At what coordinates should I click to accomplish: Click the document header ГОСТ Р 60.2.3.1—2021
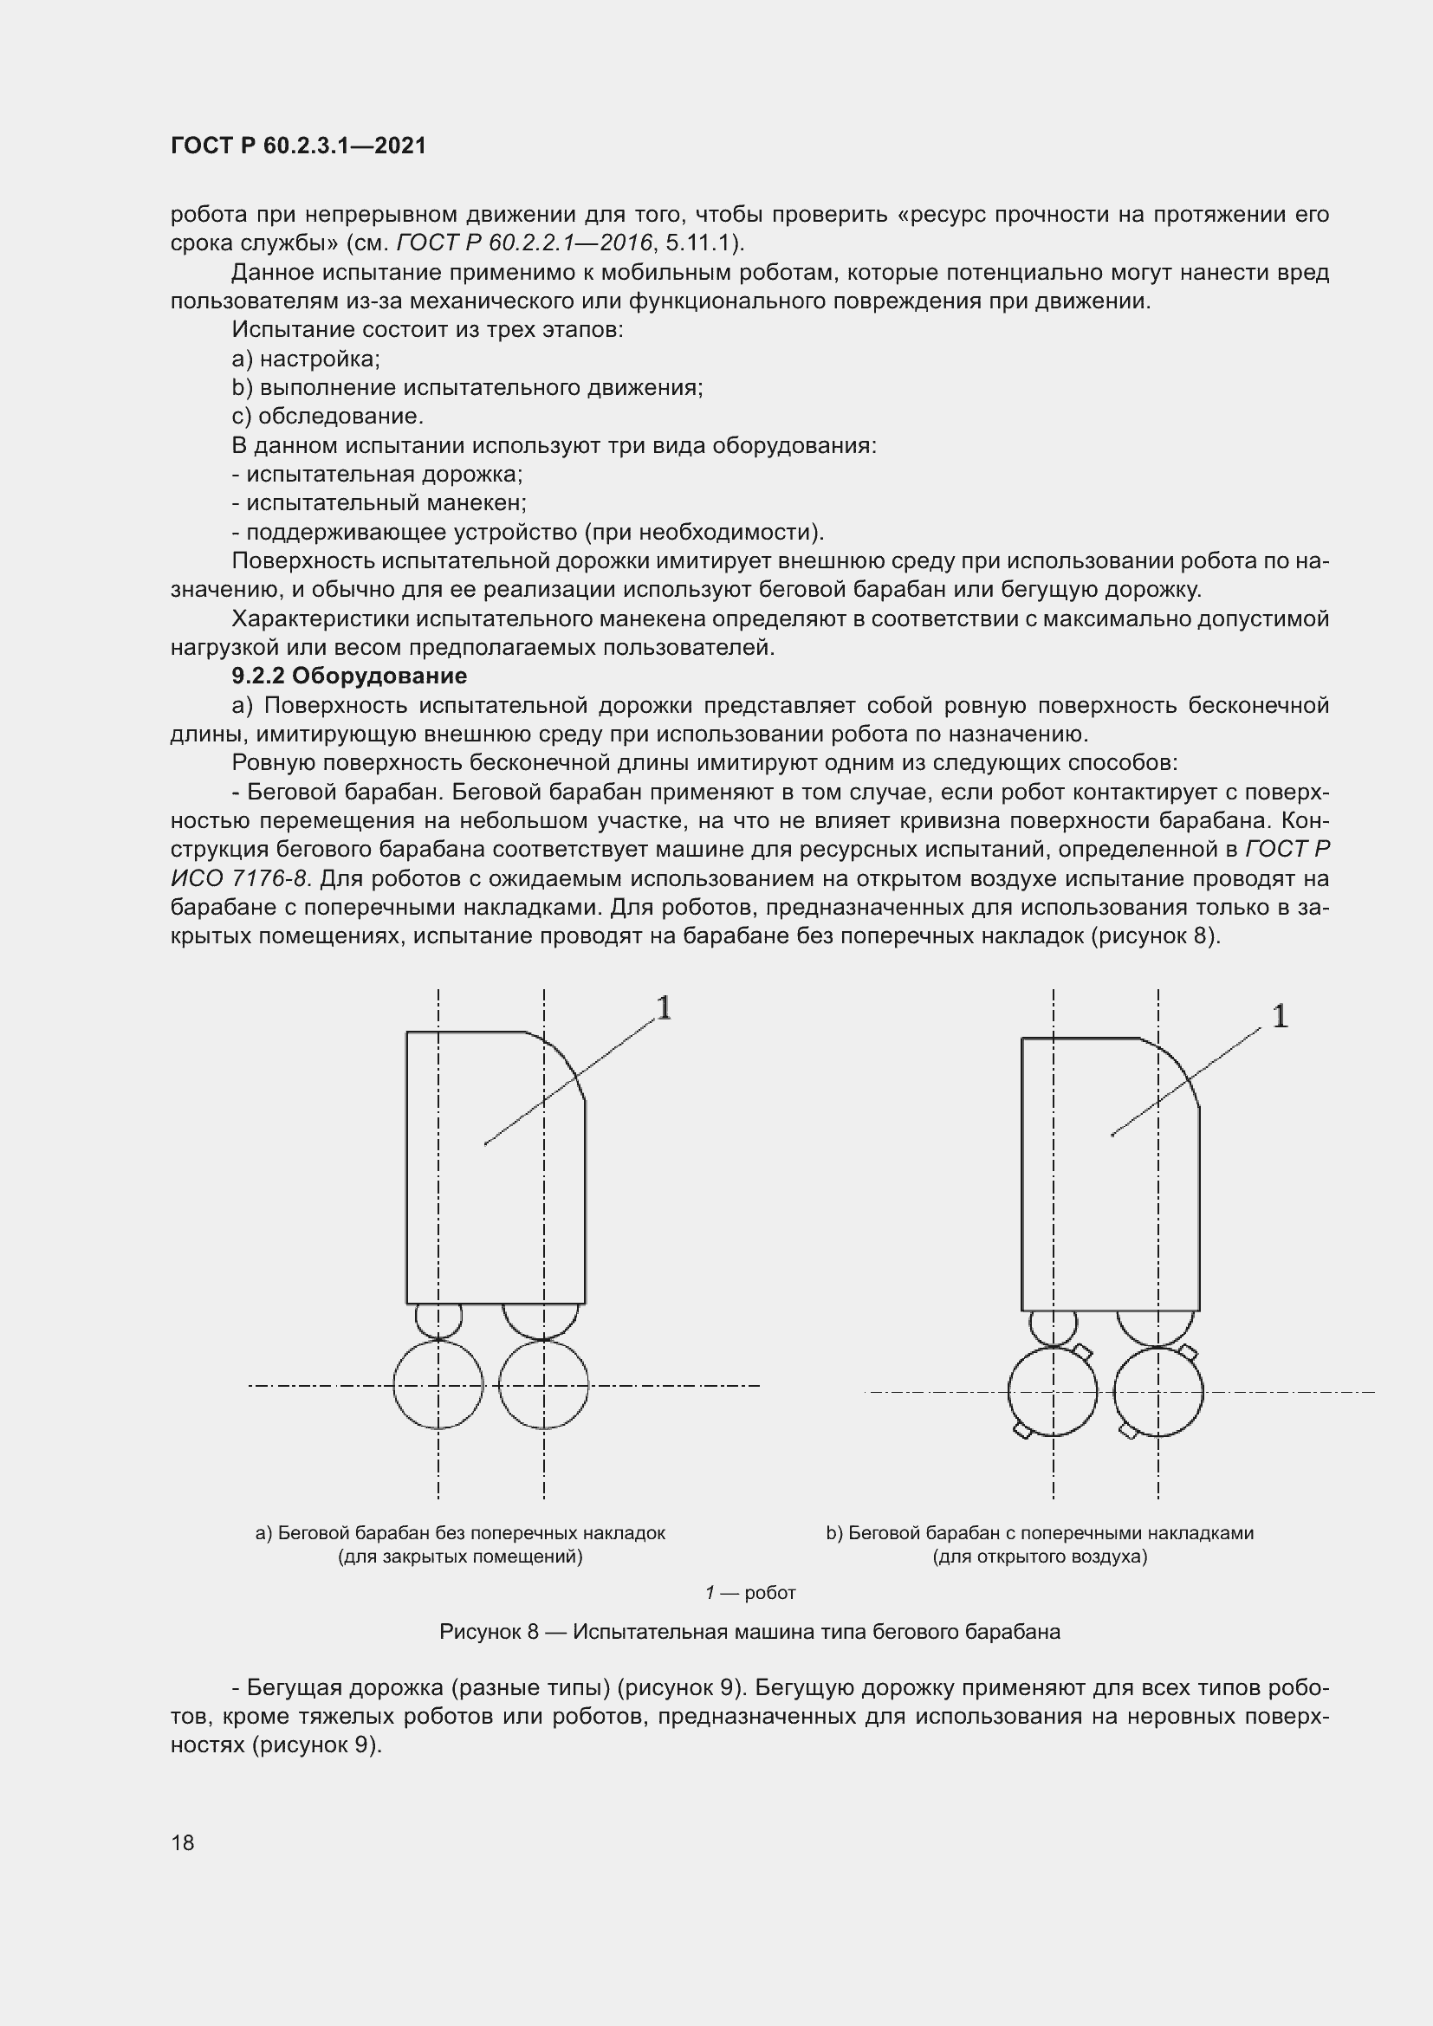point(297,146)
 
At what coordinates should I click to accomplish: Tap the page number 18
point(183,1842)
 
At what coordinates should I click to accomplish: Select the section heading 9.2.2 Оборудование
point(348,676)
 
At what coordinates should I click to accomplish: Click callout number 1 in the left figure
point(664,1007)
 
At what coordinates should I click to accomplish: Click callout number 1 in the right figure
point(1280,1017)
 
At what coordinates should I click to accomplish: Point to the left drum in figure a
point(438,1384)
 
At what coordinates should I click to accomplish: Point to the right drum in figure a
point(543,1384)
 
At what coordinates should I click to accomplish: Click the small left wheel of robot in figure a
point(438,1320)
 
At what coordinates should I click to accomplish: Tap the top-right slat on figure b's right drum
point(1189,1353)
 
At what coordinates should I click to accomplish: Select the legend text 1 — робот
point(750,1593)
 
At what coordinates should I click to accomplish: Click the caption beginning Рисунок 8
point(749,1632)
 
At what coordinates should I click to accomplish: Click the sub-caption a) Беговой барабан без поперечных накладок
point(460,1533)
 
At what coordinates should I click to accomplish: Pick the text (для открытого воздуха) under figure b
point(1040,1557)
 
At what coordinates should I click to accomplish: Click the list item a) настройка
point(305,359)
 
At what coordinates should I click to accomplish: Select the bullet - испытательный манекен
point(379,503)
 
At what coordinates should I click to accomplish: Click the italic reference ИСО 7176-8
point(243,879)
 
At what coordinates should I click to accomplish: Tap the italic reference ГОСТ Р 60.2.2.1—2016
point(525,243)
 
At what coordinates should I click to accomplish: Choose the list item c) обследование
point(327,417)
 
